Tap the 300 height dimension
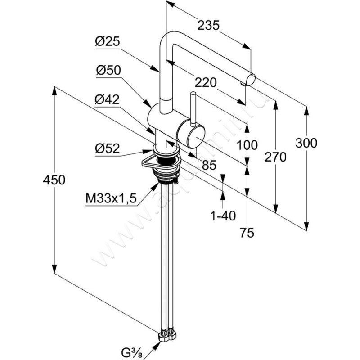coord(306,143)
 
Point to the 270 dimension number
coord(276,157)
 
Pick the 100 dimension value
coord(247,145)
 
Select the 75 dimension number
coord(247,233)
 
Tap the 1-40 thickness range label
coord(223,216)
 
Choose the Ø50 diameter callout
coord(107,71)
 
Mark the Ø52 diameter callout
coord(107,148)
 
